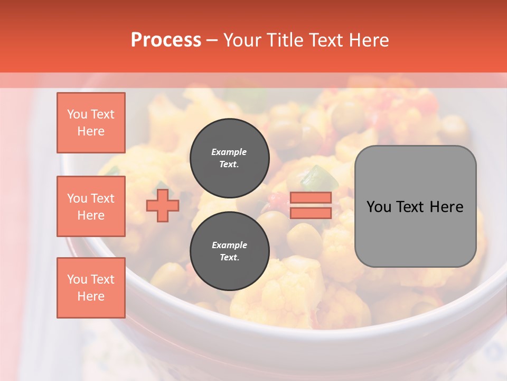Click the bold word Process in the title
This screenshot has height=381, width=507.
pos(166,40)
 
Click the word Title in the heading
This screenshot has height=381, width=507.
pos(285,40)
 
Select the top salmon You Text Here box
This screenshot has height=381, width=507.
pos(91,123)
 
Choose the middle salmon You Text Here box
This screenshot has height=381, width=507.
pos(91,206)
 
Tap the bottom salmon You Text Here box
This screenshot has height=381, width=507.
pos(91,287)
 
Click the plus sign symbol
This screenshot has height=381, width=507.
pos(163,205)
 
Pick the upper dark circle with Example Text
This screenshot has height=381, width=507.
pos(229,158)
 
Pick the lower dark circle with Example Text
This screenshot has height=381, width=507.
pos(229,251)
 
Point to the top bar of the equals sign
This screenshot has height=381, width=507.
pos(311,198)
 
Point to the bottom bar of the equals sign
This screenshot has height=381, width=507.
pos(311,213)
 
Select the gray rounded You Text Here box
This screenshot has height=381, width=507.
pos(415,206)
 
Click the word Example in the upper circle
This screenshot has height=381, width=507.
pos(229,152)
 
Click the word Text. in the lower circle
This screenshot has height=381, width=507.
pos(229,258)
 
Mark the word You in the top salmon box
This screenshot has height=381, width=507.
pos(77,114)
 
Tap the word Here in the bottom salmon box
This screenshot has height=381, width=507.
pos(91,296)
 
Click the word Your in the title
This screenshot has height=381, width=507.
pos(242,40)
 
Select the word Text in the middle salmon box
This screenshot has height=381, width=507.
pos(102,198)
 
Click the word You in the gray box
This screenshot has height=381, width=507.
pos(379,207)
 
